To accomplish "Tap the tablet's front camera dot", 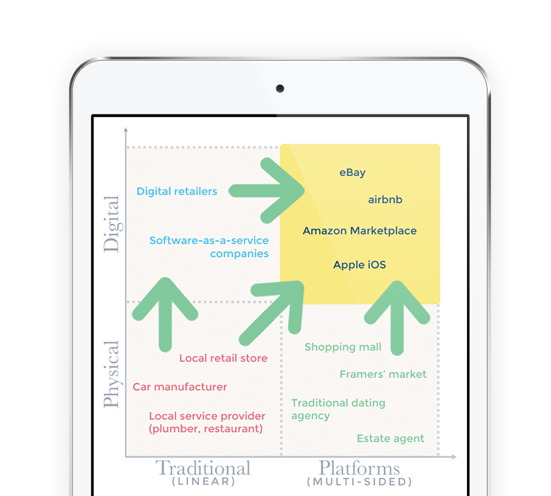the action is (x=280, y=89).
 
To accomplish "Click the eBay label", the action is (x=352, y=173).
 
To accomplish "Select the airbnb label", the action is (x=385, y=200).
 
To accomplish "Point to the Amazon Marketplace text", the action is (x=360, y=231).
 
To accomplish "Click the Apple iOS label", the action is (x=360, y=265).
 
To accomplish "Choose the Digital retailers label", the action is (x=177, y=192).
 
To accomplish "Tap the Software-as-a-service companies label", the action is (x=209, y=247).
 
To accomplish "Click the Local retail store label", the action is (x=223, y=358).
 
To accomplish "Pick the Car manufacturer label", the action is (x=180, y=387).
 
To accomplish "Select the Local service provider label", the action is (x=207, y=422).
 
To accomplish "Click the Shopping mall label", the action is (x=343, y=347).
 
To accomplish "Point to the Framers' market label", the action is (x=383, y=374).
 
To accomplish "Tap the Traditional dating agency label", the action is (x=338, y=409).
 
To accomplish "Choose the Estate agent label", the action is (x=391, y=439).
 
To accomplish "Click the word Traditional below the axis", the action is (x=203, y=468).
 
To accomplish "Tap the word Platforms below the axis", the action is (x=359, y=468).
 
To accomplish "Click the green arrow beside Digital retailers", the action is (x=266, y=191).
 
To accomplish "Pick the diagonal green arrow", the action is (x=271, y=312).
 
